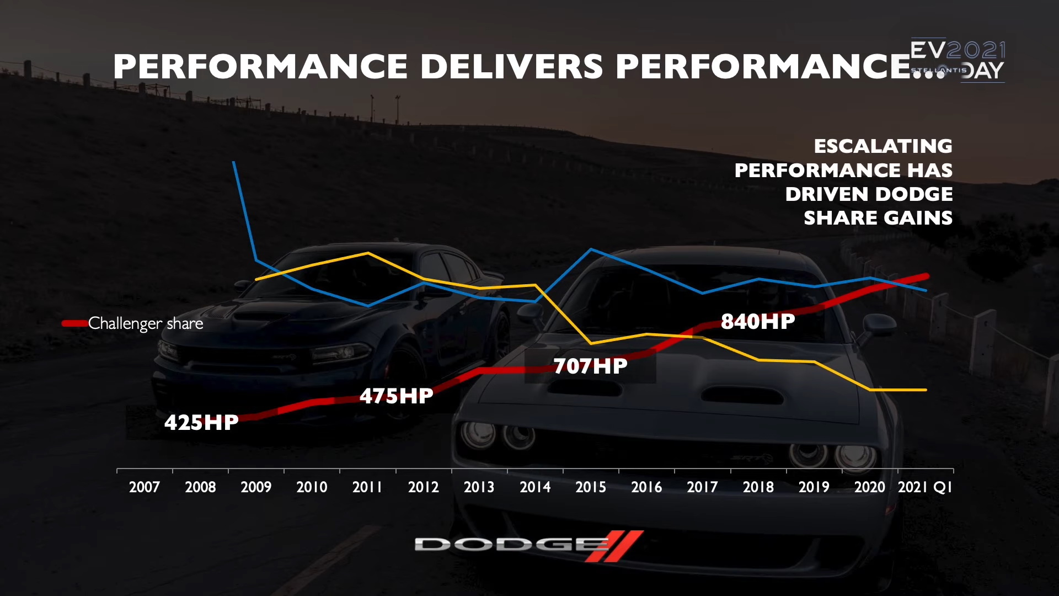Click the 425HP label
click(201, 423)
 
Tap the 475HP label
click(396, 396)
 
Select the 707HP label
click(590, 366)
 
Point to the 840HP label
click(758, 322)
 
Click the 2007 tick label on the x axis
click(144, 487)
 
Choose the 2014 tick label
click(535, 487)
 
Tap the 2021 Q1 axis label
click(925, 487)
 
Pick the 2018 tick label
click(758, 487)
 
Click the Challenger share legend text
click(146, 323)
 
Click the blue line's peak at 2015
click(591, 249)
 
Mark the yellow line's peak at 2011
click(368, 253)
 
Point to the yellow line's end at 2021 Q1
click(926, 390)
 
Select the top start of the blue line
click(234, 162)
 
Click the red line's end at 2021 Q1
click(926, 276)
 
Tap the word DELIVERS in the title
click(511, 67)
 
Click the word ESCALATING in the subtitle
click(883, 146)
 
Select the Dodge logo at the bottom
click(528, 545)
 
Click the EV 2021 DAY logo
click(958, 61)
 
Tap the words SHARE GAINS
click(878, 218)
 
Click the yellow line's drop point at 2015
click(591, 343)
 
